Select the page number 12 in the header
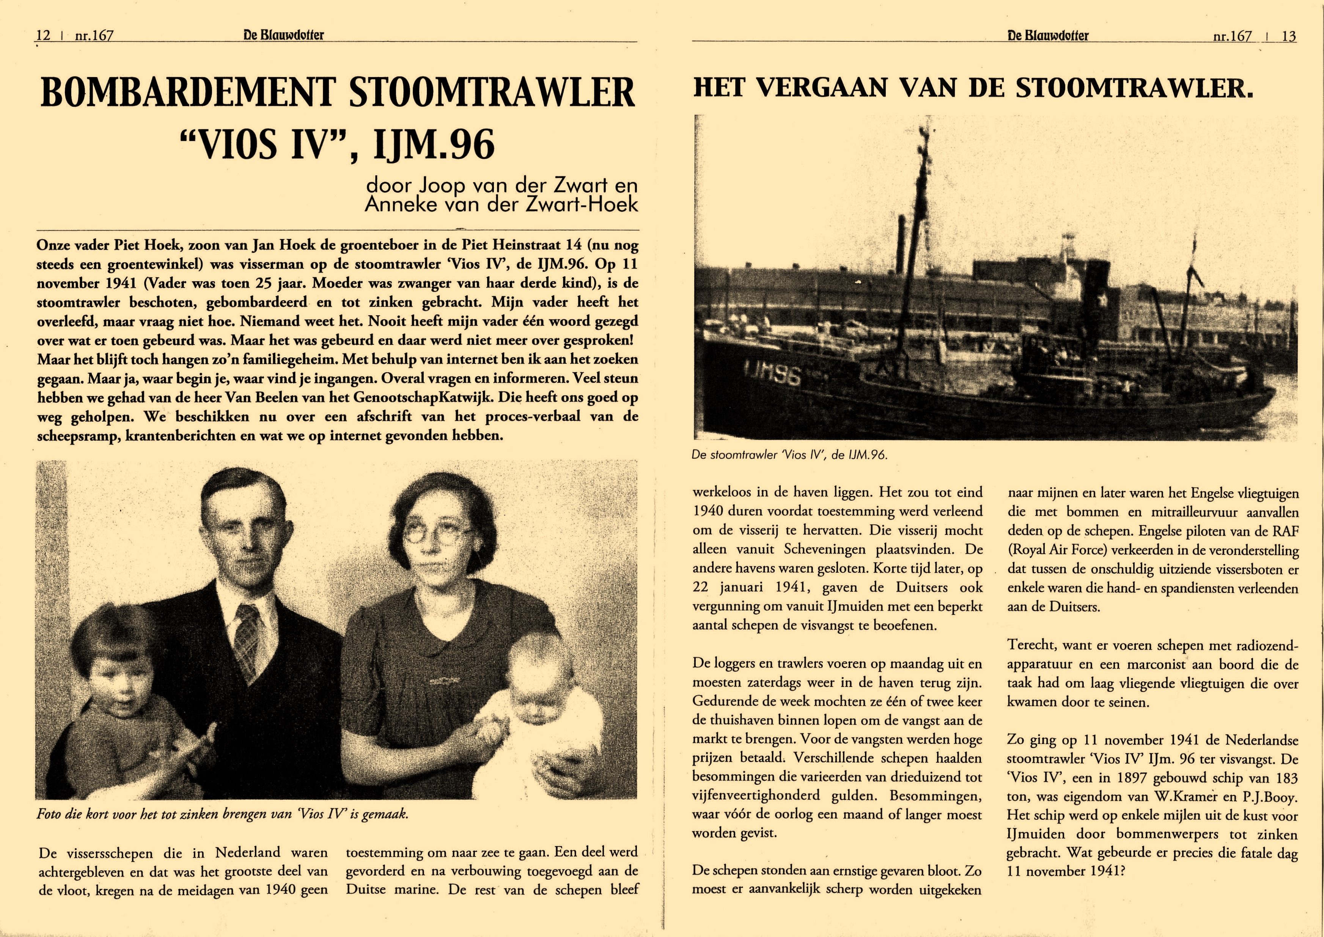(x=43, y=35)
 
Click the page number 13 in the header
(x=1289, y=36)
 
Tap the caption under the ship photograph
(x=789, y=454)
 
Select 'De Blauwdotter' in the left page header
(x=283, y=35)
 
